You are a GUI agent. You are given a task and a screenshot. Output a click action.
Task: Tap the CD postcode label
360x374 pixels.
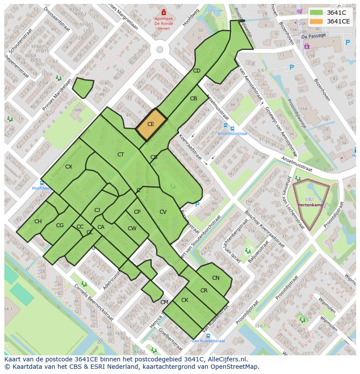click(x=197, y=71)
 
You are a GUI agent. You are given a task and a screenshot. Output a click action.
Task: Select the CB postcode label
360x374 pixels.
click(x=193, y=99)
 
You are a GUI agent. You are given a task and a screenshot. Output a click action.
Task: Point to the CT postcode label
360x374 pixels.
click(x=120, y=155)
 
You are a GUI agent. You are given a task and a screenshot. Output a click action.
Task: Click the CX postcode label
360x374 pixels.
click(x=69, y=166)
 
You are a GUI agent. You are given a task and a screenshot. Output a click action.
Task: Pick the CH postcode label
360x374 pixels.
click(x=38, y=222)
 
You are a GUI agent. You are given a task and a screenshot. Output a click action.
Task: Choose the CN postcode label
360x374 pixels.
click(x=216, y=278)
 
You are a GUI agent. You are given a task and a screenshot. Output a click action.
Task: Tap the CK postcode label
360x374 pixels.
click(x=185, y=300)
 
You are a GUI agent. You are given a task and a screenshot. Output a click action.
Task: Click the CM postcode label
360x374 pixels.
click(x=164, y=302)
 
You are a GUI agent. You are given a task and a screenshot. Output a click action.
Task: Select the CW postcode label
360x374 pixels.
click(x=132, y=228)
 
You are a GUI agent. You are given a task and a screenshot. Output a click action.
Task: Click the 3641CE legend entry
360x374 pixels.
click(x=338, y=21)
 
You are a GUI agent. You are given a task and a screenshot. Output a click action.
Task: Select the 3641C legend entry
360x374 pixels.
click(x=336, y=13)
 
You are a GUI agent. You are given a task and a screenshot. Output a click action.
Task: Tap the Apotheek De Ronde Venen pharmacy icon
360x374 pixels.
click(x=163, y=13)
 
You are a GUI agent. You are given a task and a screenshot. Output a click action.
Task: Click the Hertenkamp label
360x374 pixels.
click(x=310, y=205)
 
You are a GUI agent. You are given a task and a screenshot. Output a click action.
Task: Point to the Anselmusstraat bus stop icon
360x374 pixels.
click(x=232, y=129)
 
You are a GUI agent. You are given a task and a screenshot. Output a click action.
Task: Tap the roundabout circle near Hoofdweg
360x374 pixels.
click(x=160, y=50)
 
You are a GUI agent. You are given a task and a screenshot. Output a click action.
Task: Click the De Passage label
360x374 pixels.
click(x=313, y=36)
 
